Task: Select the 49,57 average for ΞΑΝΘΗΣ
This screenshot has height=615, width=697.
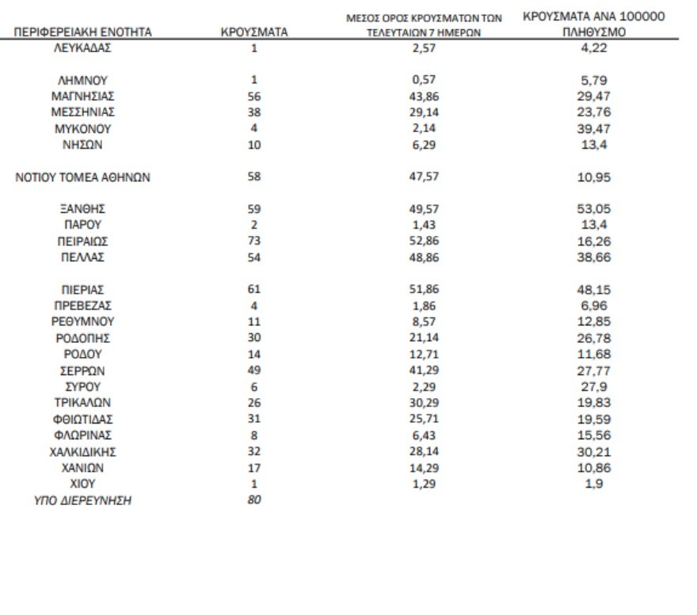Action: pos(420,210)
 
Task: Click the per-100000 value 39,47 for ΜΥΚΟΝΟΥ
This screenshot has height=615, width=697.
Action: pos(593,129)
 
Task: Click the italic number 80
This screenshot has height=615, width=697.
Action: pos(254,499)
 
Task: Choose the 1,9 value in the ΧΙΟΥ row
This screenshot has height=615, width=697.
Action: pos(593,484)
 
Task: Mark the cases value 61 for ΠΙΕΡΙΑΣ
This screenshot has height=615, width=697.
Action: pos(254,290)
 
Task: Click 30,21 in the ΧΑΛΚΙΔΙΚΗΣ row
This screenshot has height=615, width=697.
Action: pos(593,452)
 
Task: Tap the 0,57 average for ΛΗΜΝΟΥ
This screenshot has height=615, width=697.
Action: pos(420,80)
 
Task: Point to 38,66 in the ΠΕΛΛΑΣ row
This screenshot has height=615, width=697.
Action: pos(593,259)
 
